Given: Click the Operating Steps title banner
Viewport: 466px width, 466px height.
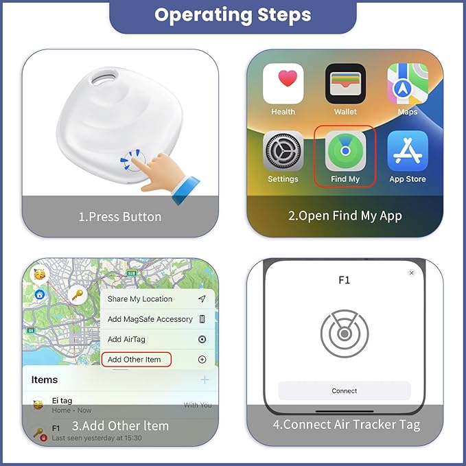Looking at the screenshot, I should [x=233, y=16].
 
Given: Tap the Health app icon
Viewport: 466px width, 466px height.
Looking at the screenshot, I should [x=283, y=84].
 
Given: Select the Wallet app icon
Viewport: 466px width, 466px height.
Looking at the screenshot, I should [x=345, y=84].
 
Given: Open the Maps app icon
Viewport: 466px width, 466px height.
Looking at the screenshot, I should [x=408, y=84].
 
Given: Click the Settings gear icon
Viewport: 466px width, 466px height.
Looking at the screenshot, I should [x=283, y=151].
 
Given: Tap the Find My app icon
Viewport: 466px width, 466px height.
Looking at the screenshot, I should [x=345, y=151].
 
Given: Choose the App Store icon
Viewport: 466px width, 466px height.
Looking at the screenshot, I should [x=408, y=151].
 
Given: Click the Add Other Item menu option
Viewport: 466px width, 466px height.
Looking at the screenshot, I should [x=135, y=360].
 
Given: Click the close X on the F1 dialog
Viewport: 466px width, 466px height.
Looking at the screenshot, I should [x=411, y=273].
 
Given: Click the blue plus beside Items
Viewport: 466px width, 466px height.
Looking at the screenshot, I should [x=204, y=380].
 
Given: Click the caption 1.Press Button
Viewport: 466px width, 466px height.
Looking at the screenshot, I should [x=119, y=217].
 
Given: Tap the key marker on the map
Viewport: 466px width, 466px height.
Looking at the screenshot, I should [x=78, y=295].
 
